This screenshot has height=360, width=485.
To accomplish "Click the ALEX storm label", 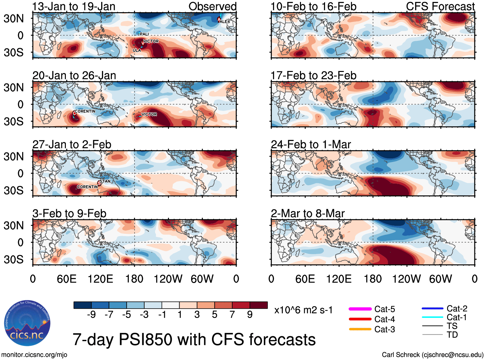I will coord(225,22).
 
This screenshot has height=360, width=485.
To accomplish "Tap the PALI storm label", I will coord(144,34).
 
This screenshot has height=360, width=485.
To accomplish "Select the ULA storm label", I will coord(137,50).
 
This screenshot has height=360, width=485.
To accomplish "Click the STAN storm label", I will coord(105,181).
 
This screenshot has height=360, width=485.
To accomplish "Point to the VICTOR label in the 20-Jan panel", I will coord(149,114).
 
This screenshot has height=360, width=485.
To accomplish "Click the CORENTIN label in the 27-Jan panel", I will coord(87,187).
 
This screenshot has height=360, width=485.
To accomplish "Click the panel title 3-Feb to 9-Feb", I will coord(69,214).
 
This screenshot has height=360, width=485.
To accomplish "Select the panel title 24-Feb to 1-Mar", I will coord(311,145).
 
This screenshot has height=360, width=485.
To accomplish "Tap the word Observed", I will coord(212,6).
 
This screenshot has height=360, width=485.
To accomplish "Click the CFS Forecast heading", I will coord(440,6).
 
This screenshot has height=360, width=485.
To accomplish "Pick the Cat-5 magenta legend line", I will coord(360,309).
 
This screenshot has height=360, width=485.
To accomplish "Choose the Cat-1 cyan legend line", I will coord(432,317).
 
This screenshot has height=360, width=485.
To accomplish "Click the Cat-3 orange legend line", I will coord(360,329).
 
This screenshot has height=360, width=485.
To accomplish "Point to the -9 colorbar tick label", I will coord(92,315).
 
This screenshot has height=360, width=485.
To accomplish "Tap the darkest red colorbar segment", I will coord(259,305).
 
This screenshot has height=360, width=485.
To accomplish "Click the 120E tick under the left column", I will coord(101,279).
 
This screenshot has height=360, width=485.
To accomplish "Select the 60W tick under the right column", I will coord(440,279).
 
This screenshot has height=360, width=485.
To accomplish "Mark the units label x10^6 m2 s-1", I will coord(303,310).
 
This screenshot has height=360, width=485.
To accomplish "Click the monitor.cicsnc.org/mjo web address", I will coord(34,355).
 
